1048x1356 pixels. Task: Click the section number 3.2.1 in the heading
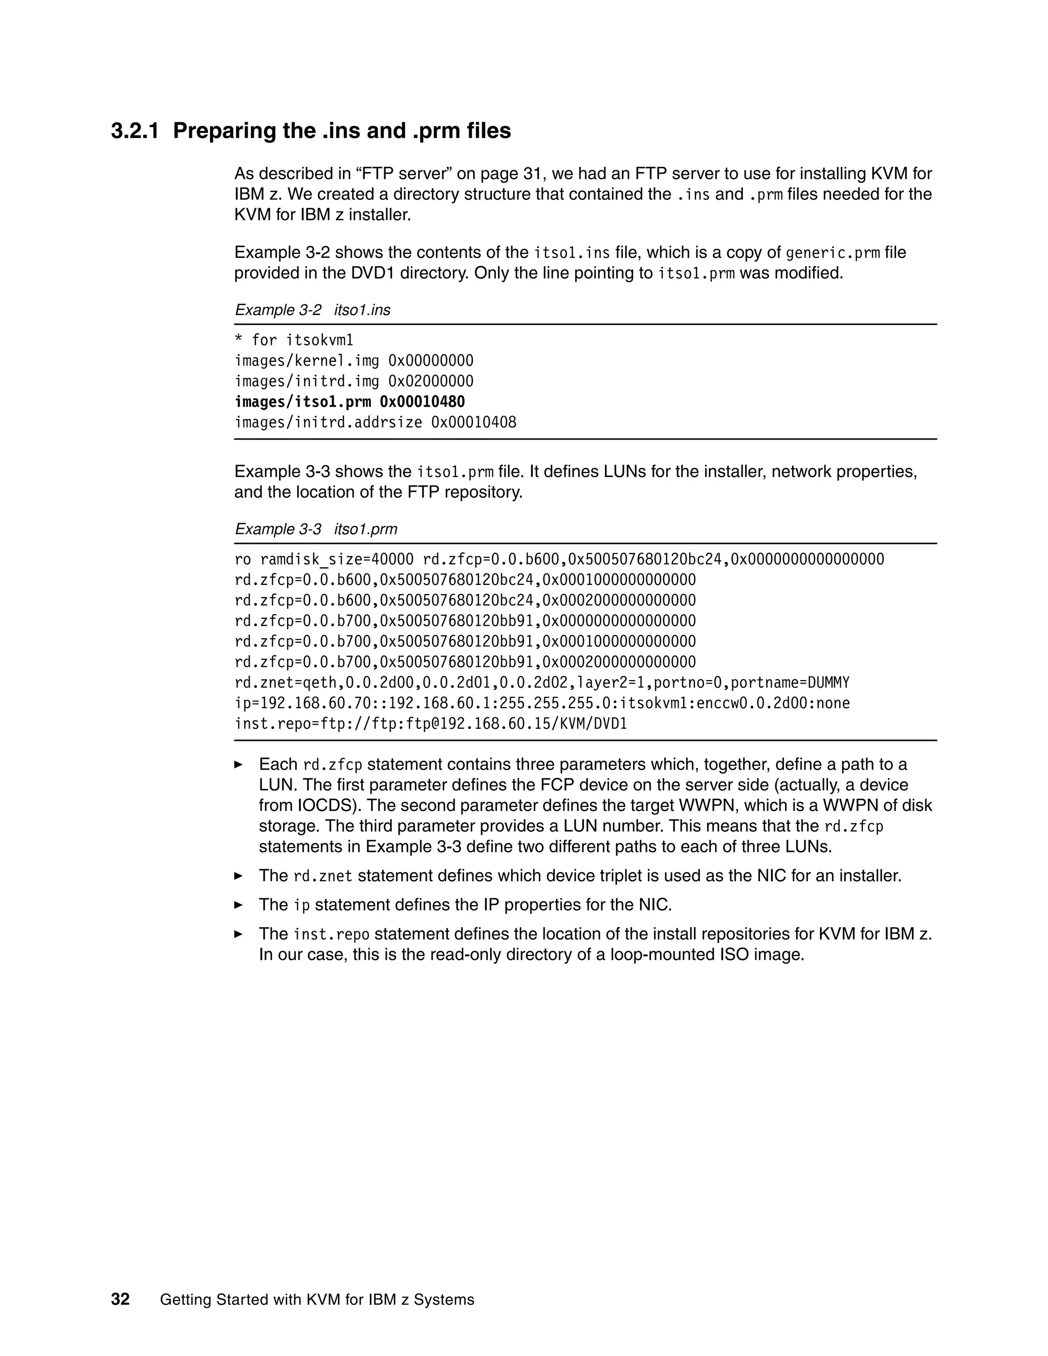(135, 131)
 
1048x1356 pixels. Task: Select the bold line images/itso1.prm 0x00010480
(350, 402)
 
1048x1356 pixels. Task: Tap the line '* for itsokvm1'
(294, 340)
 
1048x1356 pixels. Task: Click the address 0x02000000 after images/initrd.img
(430, 381)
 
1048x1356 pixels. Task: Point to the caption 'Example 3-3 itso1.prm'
(315, 529)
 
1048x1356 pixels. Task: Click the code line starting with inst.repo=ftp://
(431, 724)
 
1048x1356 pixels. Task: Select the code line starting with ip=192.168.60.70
(542, 704)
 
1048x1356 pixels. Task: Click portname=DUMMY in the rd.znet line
(790, 683)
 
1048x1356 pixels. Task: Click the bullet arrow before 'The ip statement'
(238, 905)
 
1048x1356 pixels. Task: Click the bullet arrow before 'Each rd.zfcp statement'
(238, 764)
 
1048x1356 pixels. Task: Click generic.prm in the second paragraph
(833, 253)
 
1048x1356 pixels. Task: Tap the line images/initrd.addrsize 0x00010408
(375, 422)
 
